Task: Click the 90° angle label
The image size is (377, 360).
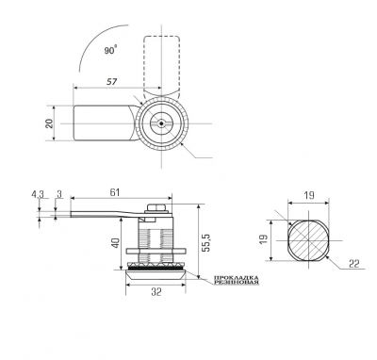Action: (x=110, y=50)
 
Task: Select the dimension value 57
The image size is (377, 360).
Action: (x=111, y=82)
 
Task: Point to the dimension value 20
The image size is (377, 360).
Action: (x=49, y=123)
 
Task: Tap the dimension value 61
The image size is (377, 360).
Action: (x=115, y=192)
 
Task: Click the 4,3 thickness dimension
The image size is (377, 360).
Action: (x=38, y=194)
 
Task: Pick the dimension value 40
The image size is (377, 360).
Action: (x=116, y=243)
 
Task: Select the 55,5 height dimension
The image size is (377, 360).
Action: (x=205, y=242)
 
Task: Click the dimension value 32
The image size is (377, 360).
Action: (x=156, y=292)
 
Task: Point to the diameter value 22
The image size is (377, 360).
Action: (x=354, y=264)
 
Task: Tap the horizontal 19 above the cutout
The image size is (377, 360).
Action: (x=309, y=195)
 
